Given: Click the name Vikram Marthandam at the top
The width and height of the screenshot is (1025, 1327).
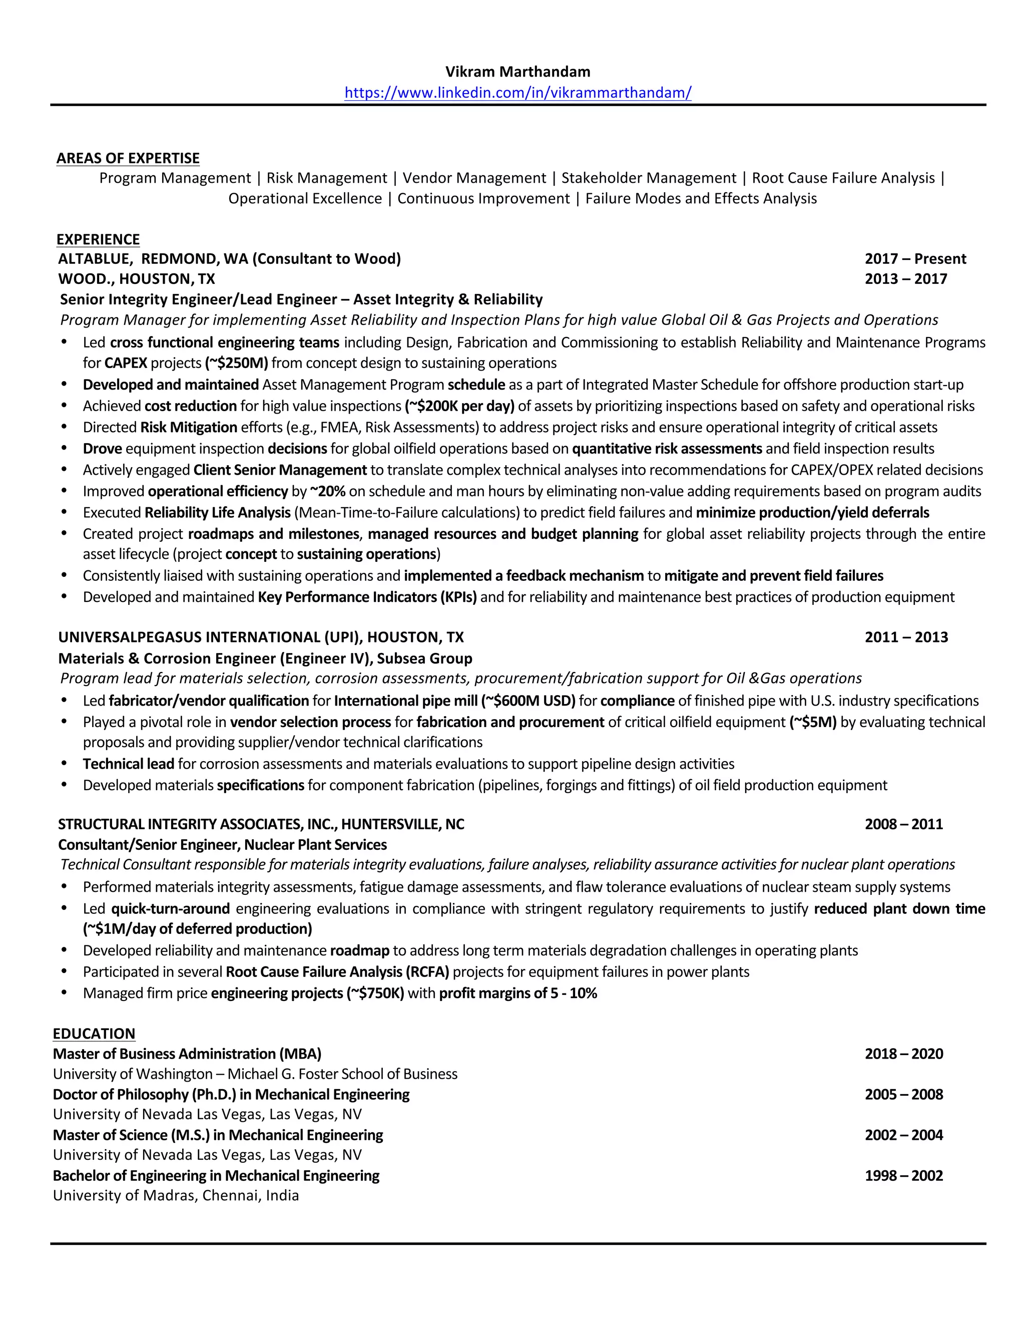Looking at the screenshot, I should click(x=518, y=72).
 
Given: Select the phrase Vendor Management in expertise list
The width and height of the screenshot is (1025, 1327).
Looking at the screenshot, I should click(x=474, y=178).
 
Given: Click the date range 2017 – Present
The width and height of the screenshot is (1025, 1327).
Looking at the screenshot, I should click(x=915, y=259).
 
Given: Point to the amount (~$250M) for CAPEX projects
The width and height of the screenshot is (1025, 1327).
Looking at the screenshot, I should click(x=237, y=364).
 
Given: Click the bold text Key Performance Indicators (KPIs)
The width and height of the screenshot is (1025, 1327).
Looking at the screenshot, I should click(x=367, y=597).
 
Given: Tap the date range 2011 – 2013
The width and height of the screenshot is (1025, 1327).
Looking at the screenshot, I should click(x=906, y=637).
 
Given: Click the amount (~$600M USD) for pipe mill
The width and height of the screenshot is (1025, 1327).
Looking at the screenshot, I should click(x=529, y=701).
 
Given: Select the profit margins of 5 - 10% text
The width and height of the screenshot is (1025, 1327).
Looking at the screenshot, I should click(x=518, y=993).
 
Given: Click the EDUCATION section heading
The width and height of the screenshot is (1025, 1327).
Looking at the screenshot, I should click(x=94, y=1034).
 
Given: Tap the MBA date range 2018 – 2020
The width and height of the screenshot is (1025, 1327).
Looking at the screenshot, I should click(x=903, y=1054).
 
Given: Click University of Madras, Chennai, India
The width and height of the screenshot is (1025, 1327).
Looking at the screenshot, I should click(x=176, y=1195).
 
